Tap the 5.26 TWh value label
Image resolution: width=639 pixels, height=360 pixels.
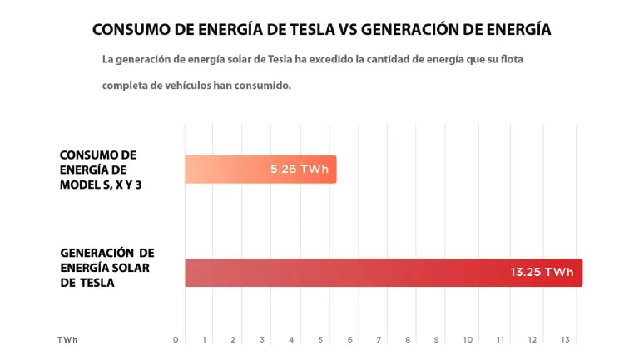pyautogui.click(x=300, y=170)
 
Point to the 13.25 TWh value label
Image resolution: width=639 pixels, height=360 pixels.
pyautogui.click(x=542, y=273)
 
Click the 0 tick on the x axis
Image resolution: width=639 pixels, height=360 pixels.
pyautogui.click(x=176, y=339)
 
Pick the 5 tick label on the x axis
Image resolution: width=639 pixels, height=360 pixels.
pyautogui.click(x=320, y=339)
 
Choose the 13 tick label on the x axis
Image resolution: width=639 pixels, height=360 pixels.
pyautogui.click(x=566, y=339)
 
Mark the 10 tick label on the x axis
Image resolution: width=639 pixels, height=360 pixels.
pyautogui.click(x=468, y=339)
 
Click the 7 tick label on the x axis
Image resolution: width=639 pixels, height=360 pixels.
pyautogui.click(x=379, y=339)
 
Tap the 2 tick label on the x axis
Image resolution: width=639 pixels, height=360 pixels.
pyautogui.click(x=233, y=339)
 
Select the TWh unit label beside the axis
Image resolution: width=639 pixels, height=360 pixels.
pyautogui.click(x=67, y=339)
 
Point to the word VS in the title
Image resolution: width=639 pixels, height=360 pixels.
pyautogui.click(x=349, y=30)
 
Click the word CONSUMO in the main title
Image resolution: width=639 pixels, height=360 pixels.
pyautogui.click(x=129, y=30)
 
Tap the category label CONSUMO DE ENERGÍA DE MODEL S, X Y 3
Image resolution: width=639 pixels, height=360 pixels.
pyautogui.click(x=99, y=170)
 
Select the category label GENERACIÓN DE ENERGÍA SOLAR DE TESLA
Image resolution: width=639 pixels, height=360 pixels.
pyautogui.click(x=107, y=267)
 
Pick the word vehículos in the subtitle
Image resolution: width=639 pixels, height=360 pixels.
pyautogui.click(x=185, y=86)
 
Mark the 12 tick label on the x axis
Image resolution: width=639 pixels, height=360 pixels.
pyautogui.click(x=532, y=339)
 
